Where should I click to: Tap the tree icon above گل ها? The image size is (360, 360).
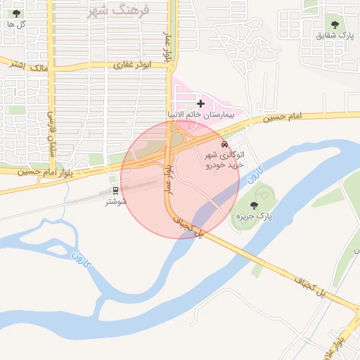tap(17, 13)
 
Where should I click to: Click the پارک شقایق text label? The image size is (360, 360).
tap(333, 34)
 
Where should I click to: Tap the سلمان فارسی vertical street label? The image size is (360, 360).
tap(51, 134)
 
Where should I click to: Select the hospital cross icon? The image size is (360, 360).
tap(200, 103)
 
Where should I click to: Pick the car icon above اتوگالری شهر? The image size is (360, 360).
tap(224, 144)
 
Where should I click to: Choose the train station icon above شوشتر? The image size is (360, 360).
tap(115, 190)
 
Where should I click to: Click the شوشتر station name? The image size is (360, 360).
tap(115, 202)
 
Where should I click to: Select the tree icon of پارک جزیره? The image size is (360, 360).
tap(254, 205)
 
